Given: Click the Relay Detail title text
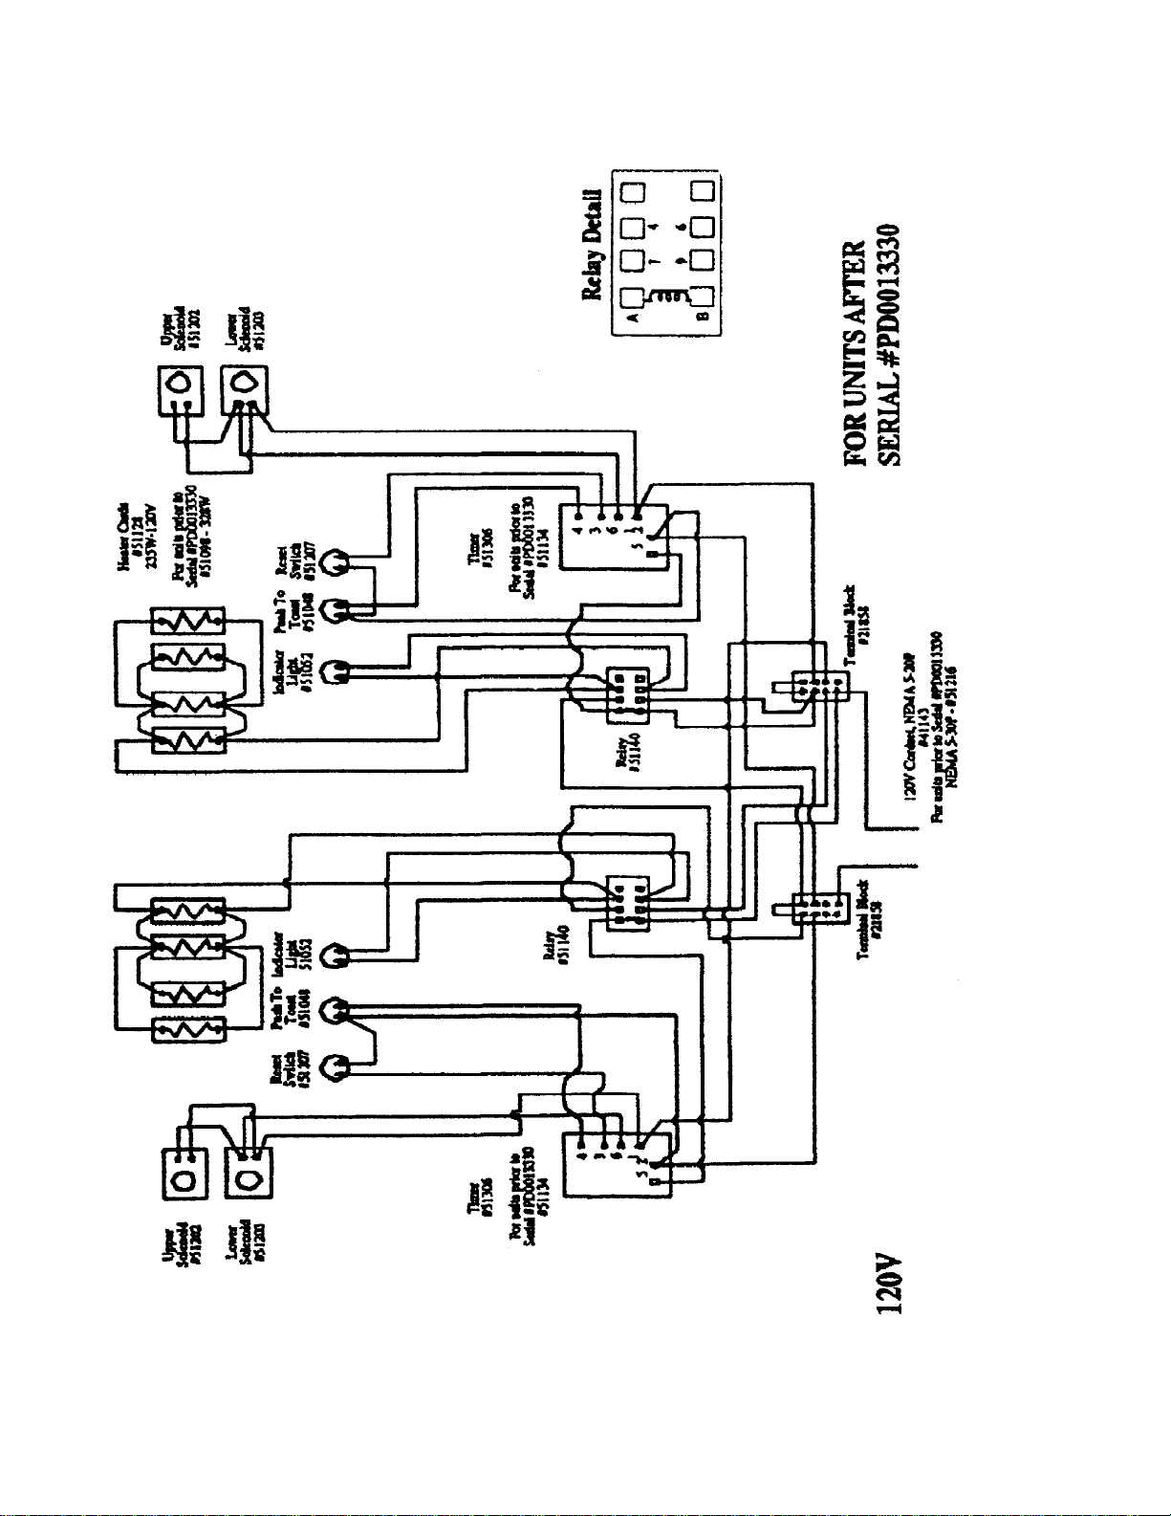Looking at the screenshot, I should coord(594,244).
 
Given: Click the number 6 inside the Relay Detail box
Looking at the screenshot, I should coord(681,227).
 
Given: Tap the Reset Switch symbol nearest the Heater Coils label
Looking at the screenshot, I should coord(336,562).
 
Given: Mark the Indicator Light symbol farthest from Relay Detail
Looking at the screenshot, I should coord(336,954).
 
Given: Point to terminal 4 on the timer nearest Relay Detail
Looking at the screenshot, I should coord(578,528).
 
